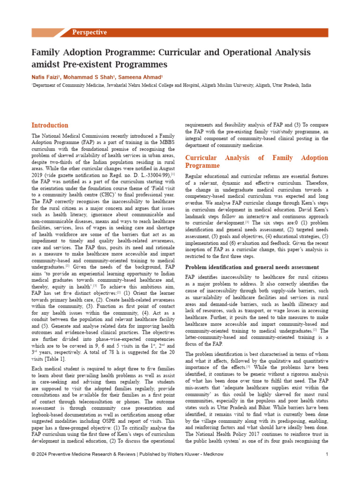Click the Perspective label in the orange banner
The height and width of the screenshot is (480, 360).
pos(89,32)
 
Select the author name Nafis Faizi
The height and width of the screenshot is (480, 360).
pos(46,76)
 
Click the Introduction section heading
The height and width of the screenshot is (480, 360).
pos(50,125)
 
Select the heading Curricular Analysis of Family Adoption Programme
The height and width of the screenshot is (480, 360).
pos(256,162)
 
